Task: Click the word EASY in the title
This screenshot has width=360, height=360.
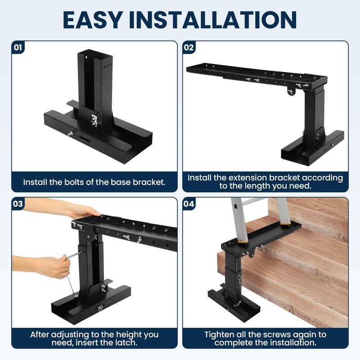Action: [93, 20]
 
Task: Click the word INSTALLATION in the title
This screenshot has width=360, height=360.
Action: [213, 20]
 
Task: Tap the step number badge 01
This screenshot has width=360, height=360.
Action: [18, 48]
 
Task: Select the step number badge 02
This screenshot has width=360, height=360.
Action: [189, 48]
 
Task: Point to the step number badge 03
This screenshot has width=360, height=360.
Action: [18, 204]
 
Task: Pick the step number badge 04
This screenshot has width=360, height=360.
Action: [189, 204]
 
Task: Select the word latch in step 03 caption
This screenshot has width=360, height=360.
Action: [127, 342]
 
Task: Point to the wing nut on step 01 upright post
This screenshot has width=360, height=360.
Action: [94, 120]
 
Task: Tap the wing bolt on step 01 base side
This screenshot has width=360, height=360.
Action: [71, 133]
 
